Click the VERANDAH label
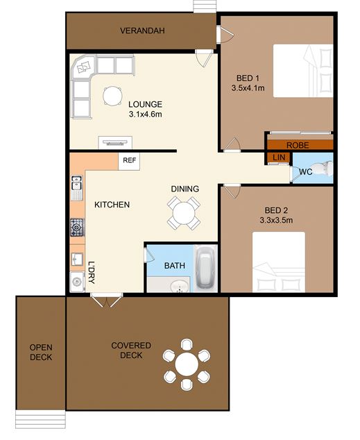[142, 31]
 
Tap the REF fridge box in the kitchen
[129, 161]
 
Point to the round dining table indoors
[184, 213]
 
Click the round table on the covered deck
[187, 364]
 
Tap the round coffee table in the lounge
[112, 96]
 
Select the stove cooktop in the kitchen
[77, 228]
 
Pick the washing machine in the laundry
[77, 282]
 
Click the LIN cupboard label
[279, 157]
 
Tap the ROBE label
[298, 145]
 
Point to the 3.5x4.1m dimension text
[248, 88]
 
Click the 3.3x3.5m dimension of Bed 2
[276, 220]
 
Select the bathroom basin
[180, 287]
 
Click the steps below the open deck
[40, 419]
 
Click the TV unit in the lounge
[115, 142]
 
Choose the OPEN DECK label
[41, 352]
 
